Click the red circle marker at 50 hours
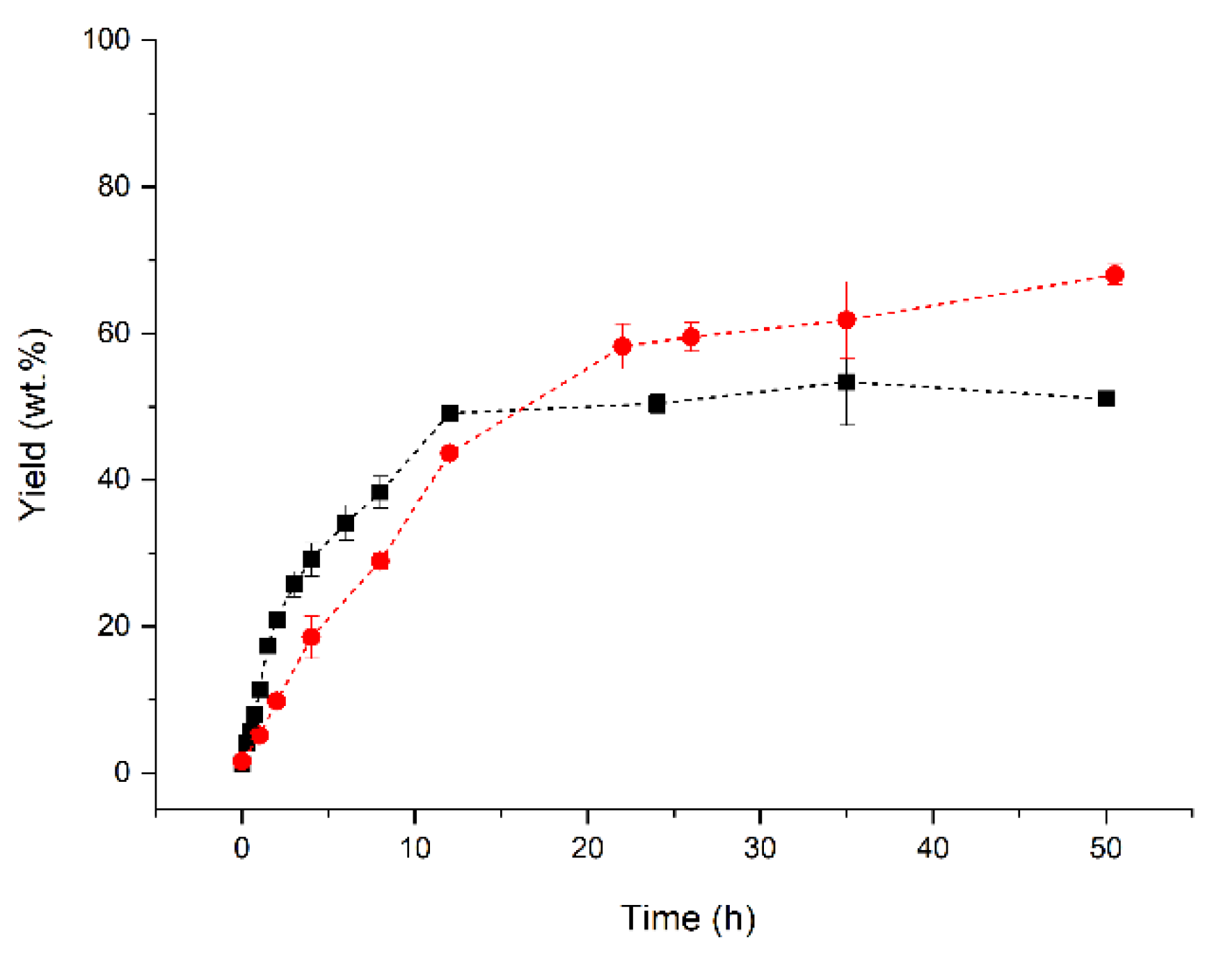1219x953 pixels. [x=1114, y=275]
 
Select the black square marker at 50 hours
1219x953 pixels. [x=1106, y=399]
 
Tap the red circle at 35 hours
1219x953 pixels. [x=846, y=320]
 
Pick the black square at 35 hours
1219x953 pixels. [x=846, y=382]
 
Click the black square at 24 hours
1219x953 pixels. [x=656, y=403]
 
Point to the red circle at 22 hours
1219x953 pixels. [x=622, y=346]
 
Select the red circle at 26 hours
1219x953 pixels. [x=691, y=337]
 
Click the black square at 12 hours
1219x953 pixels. [x=449, y=413]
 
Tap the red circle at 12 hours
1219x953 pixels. [x=449, y=454]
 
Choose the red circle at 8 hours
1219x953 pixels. [x=380, y=561]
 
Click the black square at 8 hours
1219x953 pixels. [x=380, y=492]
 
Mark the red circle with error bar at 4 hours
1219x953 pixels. [x=311, y=636]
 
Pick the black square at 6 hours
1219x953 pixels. [x=346, y=523]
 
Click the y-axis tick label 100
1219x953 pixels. [x=106, y=39]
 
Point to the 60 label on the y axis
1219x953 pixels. [x=113, y=333]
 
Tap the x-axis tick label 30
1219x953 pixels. [x=760, y=848]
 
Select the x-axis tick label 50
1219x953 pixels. [x=1105, y=848]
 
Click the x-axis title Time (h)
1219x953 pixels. [x=687, y=918]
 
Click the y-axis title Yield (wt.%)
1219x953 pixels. [x=33, y=424]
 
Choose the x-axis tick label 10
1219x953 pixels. [x=415, y=848]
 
